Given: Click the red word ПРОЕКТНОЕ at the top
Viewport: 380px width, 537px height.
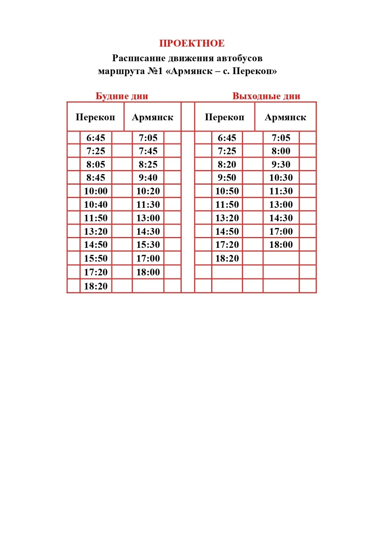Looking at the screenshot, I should tap(192, 43).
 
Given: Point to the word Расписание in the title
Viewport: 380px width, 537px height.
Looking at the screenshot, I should tap(139, 58).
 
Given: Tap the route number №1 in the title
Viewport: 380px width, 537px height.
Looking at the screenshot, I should tap(155, 71).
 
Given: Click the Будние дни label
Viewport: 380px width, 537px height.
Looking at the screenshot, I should tap(122, 96).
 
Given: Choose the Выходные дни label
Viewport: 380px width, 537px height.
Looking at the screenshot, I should tap(266, 96).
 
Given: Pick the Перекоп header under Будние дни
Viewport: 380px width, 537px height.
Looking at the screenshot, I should tap(95, 117).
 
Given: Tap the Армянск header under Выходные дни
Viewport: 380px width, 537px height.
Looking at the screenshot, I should tap(285, 117).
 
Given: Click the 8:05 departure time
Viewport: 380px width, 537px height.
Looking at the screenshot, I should tap(96, 164).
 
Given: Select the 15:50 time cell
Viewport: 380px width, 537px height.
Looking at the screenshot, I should tap(96, 258).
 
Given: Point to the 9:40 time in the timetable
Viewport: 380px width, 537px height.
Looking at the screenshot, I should tap(148, 178).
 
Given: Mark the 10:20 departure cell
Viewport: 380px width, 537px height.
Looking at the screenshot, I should tap(148, 191).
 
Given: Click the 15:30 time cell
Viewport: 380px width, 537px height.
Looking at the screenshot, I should tap(148, 245).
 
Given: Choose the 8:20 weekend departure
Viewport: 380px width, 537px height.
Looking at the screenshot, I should tap(227, 164).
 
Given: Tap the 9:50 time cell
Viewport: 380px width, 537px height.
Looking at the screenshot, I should tap(227, 178).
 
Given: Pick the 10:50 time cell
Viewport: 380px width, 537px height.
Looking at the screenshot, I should tap(227, 191).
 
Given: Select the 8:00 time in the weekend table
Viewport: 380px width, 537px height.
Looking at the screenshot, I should tap(281, 151).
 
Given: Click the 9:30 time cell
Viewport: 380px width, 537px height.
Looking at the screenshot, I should tap(281, 164).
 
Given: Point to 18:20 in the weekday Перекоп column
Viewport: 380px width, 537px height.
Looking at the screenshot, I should tap(96, 286).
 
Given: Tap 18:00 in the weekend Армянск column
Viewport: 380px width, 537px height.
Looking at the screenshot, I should tap(281, 245).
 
